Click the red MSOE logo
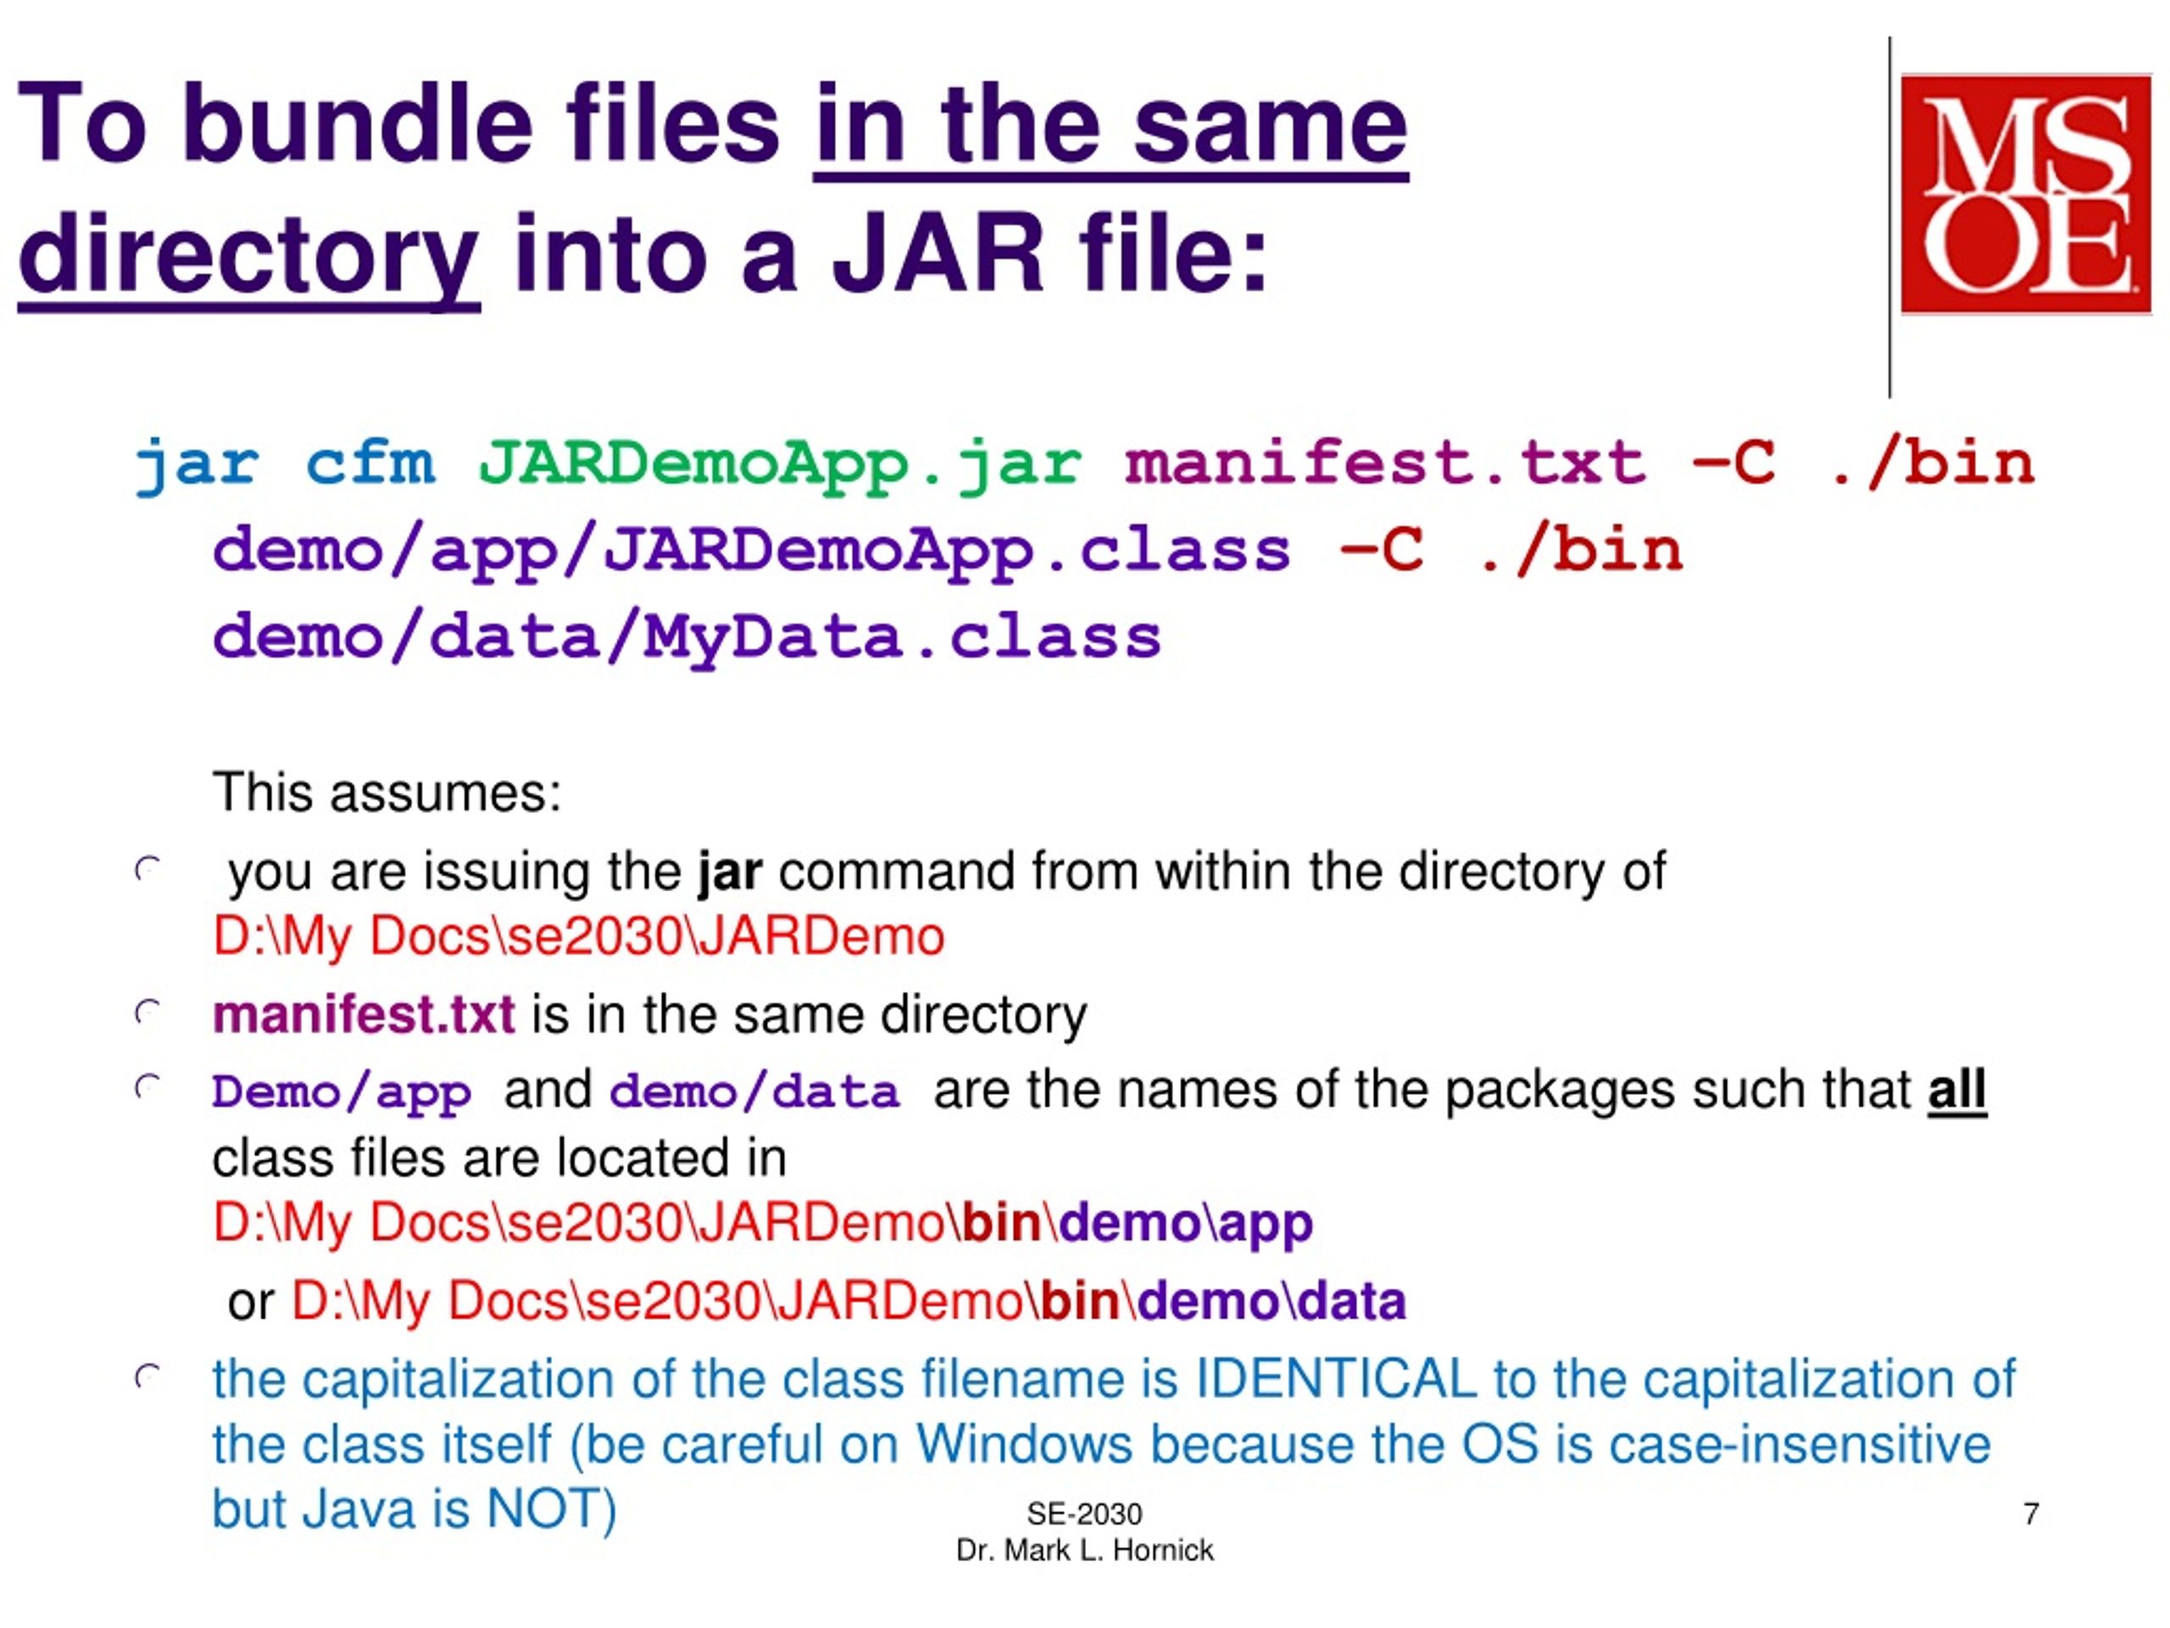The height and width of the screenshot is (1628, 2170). coord(2025,194)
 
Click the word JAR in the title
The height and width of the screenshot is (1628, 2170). coord(937,254)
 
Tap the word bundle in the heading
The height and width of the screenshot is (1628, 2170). coord(357,125)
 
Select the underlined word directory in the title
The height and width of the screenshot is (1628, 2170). coord(248,254)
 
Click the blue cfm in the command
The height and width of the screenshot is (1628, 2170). coord(370,463)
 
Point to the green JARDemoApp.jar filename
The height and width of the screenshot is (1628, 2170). coord(780,463)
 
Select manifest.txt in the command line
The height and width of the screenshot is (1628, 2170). coord(1384,463)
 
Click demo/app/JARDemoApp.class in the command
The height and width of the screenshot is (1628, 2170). coord(750,549)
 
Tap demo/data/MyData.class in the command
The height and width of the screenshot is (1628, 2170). coord(687,637)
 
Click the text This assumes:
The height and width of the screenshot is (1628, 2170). coord(387,793)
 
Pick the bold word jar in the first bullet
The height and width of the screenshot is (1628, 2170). coord(729,872)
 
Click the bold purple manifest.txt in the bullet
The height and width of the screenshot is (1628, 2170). coord(363,1014)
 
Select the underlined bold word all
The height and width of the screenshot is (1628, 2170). coord(1956,1090)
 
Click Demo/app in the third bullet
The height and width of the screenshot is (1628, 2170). coord(342,1092)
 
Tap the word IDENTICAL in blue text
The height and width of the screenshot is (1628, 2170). coord(1335,1379)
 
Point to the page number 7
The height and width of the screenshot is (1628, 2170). coord(2031,1514)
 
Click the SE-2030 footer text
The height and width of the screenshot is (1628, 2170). coord(1084,1514)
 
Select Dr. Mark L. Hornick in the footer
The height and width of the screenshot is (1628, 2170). coord(1084,1549)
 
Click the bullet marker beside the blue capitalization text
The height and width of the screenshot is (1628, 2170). coord(147,1378)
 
